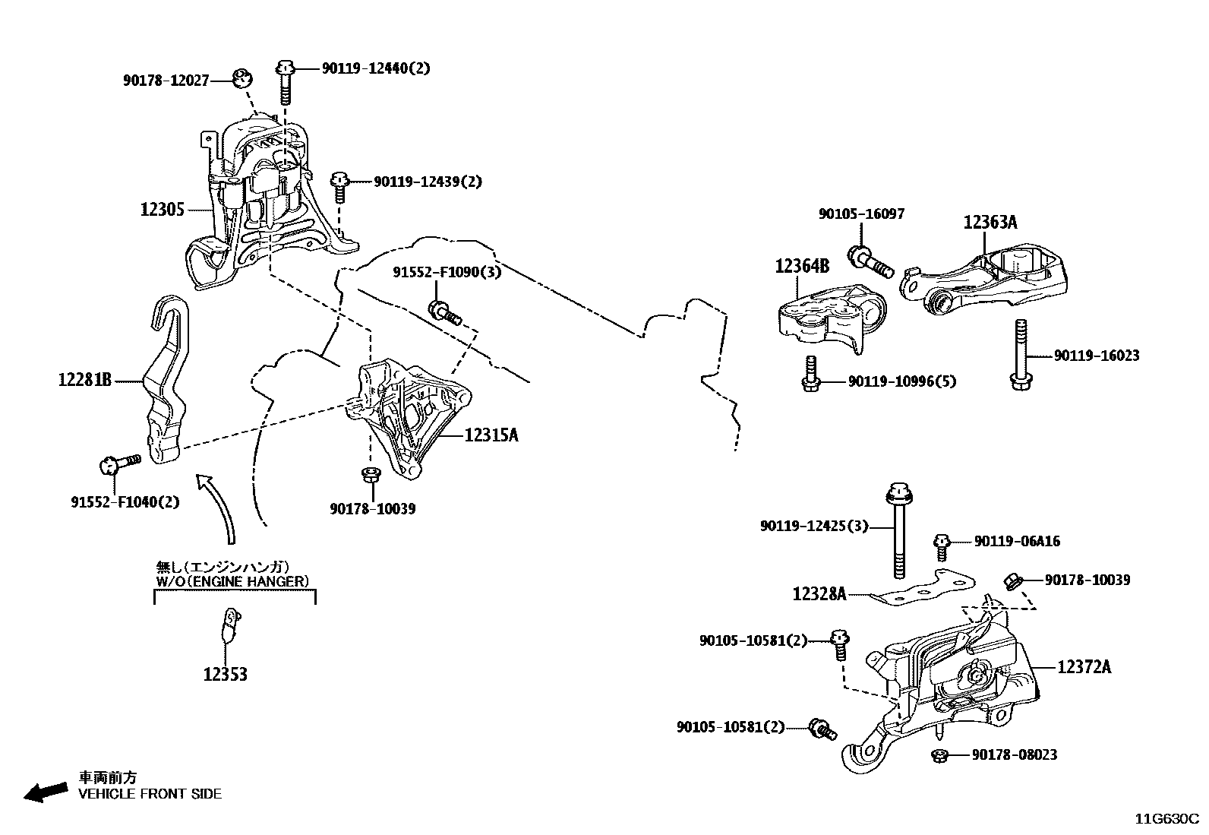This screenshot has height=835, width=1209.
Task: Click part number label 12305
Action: click(162, 209)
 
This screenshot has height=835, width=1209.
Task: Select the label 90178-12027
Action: click(166, 80)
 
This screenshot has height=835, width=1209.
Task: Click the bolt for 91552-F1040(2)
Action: click(120, 462)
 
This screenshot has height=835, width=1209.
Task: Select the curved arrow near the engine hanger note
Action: click(218, 505)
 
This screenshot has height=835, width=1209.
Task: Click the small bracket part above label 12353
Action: click(229, 623)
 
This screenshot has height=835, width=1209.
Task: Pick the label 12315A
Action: click(491, 435)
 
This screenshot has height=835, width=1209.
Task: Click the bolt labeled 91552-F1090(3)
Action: click(445, 312)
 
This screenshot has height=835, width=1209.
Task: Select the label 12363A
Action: click(990, 222)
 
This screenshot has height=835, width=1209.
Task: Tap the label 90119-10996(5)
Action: click(901, 381)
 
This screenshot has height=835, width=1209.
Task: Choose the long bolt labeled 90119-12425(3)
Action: click(897, 532)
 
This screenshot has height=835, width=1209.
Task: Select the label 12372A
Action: click(1084, 666)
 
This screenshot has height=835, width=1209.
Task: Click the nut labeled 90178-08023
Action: click(939, 755)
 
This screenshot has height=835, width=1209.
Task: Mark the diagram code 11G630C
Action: click(1166, 819)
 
